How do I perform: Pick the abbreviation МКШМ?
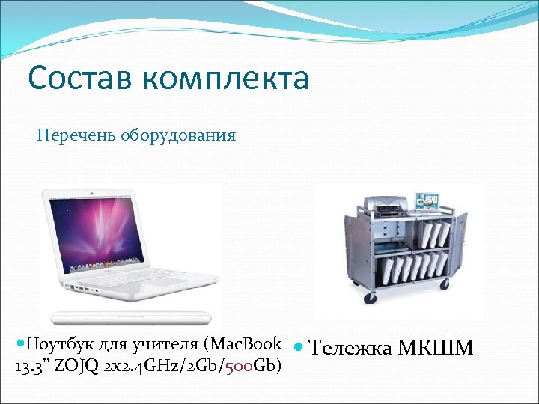[x=436, y=349]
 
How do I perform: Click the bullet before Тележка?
[x=298, y=348]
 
